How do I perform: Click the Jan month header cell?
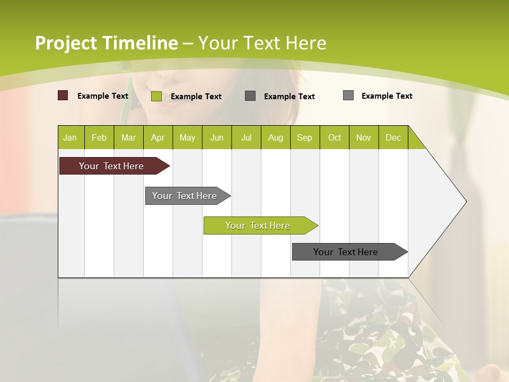(x=71, y=137)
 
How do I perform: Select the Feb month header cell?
(x=99, y=137)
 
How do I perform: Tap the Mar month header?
(x=128, y=137)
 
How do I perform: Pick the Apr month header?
(x=158, y=137)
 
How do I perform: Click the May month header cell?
(x=187, y=137)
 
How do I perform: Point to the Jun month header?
(x=217, y=137)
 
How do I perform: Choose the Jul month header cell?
(x=246, y=137)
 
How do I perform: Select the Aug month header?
(x=276, y=137)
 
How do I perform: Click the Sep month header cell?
(x=305, y=137)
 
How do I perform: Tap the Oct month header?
(x=335, y=137)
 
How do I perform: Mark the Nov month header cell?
(x=364, y=137)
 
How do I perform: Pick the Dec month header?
(x=393, y=137)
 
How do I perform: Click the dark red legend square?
(x=63, y=95)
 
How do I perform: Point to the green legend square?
(x=156, y=96)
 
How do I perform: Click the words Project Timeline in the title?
(x=107, y=43)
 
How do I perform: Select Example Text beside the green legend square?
(x=196, y=97)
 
